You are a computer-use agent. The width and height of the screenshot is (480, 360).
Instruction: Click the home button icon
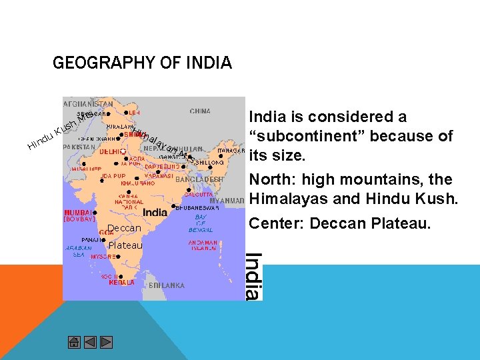[x=74, y=343]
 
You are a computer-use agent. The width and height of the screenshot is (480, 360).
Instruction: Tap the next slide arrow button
[x=106, y=343]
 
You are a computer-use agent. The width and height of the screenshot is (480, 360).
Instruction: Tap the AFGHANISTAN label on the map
[x=87, y=104]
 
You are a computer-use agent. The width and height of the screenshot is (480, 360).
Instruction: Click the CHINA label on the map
[x=200, y=111]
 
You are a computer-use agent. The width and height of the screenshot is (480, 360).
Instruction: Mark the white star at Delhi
[x=123, y=152]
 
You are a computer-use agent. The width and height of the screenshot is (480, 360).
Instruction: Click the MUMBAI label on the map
[x=79, y=212]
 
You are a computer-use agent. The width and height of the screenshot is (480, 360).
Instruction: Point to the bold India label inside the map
[x=155, y=213]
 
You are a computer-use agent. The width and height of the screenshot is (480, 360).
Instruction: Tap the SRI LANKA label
[x=166, y=285]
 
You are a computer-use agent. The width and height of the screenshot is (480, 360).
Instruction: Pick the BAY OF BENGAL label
[x=201, y=223]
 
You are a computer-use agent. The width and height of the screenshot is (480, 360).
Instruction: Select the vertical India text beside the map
[x=253, y=275]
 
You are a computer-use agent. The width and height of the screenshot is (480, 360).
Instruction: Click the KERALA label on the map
[x=122, y=283]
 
